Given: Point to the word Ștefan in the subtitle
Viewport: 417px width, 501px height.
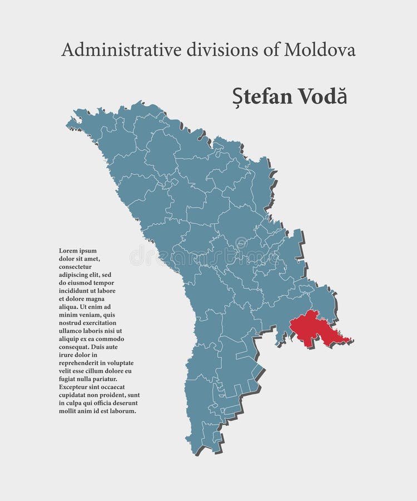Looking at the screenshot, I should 256,96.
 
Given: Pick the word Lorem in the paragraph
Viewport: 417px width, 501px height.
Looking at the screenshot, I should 69,251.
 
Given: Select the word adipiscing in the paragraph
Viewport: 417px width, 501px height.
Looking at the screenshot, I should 75,275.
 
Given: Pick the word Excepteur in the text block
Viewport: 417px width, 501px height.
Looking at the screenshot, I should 74,387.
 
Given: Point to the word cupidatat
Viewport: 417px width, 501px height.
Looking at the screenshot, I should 75,395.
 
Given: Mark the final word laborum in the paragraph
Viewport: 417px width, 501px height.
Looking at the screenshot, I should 122,411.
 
